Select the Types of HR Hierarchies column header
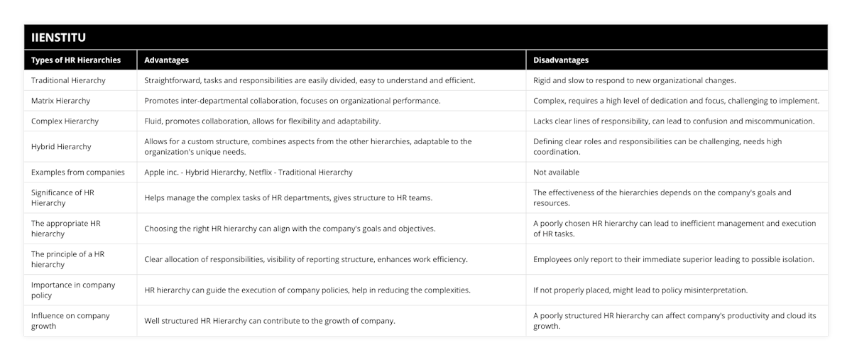click(x=76, y=60)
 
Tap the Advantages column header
click(x=166, y=60)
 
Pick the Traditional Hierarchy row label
click(x=70, y=80)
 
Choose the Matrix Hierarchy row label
click(x=64, y=101)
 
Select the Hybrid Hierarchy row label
click(x=62, y=146)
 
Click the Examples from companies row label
click(x=77, y=172)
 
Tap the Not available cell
click(x=556, y=172)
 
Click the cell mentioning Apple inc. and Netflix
click(x=248, y=172)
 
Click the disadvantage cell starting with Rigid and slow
click(x=634, y=80)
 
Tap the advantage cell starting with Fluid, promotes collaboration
click(x=262, y=121)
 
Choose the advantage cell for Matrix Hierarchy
click(x=292, y=101)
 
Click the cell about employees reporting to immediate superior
click(x=673, y=259)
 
